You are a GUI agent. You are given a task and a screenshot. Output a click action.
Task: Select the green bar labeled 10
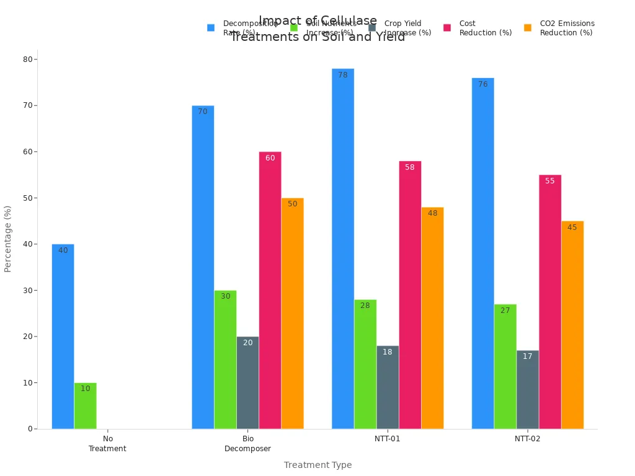(x=85, y=406)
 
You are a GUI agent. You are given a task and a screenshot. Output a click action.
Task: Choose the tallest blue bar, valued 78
(x=343, y=249)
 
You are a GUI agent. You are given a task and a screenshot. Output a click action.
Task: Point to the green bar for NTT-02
(x=505, y=366)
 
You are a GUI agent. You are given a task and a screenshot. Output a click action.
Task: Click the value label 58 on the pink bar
(x=410, y=167)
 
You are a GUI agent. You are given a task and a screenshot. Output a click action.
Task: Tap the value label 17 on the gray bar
(x=527, y=356)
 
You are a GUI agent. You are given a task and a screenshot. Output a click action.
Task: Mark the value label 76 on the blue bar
(x=482, y=84)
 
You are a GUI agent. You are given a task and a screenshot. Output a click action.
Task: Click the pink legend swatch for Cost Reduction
(x=447, y=28)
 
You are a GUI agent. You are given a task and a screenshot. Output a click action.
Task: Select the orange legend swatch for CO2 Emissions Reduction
(x=528, y=28)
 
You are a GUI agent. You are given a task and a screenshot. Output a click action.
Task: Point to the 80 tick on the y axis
(x=29, y=59)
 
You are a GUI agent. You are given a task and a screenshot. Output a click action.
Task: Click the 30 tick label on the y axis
(x=29, y=290)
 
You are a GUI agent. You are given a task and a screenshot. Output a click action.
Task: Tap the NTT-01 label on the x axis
(x=388, y=439)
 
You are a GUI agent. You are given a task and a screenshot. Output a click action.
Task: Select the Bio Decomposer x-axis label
(x=247, y=444)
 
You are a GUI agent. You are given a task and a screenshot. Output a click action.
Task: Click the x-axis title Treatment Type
(x=317, y=465)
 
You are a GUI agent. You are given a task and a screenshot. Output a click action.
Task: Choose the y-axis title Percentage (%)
(x=8, y=239)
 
